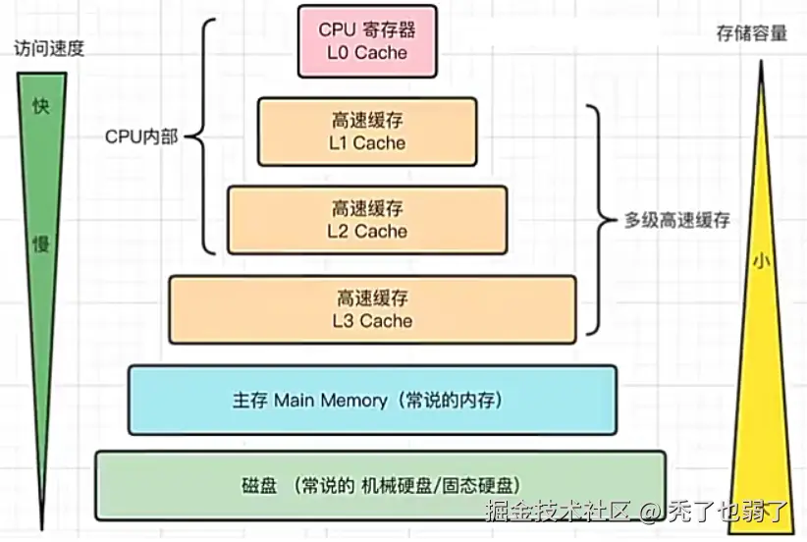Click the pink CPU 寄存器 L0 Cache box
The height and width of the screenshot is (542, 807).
(x=367, y=41)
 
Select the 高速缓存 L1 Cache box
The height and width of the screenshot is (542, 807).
(x=366, y=132)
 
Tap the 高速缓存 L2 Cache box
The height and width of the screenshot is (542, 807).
(x=367, y=220)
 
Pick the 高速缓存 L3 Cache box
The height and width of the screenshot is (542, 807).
(x=372, y=309)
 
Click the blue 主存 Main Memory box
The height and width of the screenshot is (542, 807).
(x=372, y=401)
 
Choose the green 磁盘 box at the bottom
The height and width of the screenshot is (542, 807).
(x=380, y=485)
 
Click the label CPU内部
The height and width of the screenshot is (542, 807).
(x=141, y=136)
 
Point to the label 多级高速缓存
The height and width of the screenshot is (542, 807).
(x=677, y=220)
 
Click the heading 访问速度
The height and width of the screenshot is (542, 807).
(x=49, y=48)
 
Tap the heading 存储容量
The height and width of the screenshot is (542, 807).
(x=753, y=33)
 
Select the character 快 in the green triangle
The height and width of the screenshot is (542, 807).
(x=40, y=106)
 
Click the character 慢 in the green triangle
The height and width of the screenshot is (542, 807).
(x=40, y=244)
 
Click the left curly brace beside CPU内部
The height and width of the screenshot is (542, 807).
(x=202, y=136)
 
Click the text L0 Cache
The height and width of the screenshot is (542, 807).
(x=366, y=52)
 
